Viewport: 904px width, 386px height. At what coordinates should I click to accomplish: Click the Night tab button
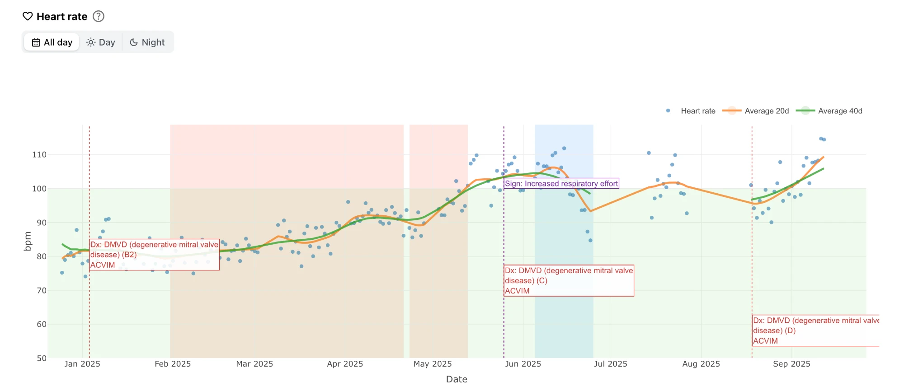pos(147,42)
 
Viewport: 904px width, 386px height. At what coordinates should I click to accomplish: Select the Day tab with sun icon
pos(101,42)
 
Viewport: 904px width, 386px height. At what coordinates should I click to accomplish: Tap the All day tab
pos(52,42)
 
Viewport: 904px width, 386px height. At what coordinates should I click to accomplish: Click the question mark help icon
pos(99,16)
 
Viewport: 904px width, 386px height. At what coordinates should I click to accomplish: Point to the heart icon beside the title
pos(28,16)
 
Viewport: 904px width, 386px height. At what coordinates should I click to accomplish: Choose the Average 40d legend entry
pos(829,111)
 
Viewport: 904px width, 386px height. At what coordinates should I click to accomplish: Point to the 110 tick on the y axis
pos(39,154)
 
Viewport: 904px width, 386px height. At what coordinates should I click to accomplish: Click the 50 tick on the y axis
pos(42,358)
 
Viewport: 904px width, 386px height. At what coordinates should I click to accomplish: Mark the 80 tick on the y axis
pos(42,256)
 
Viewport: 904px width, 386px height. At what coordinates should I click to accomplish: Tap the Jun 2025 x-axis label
pos(523,364)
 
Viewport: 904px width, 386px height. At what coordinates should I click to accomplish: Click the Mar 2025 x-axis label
pos(254,364)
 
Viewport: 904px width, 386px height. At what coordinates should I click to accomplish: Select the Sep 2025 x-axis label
pos(791,364)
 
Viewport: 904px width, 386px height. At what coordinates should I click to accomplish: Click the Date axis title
pos(457,379)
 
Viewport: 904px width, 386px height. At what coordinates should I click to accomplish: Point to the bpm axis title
pos(28,241)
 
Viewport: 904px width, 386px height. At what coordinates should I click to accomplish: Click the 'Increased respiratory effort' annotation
pos(561,183)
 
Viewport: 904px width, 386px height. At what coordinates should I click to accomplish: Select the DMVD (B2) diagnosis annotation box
pos(154,255)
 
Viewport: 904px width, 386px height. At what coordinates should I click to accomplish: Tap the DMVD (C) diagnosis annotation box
pos(569,280)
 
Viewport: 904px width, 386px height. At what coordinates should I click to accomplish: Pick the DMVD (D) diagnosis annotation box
pos(816,330)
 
